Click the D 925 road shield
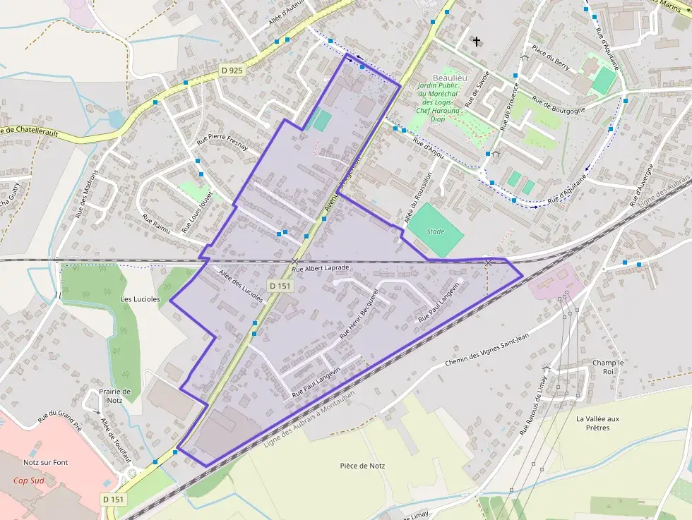point(231,70)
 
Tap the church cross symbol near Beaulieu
point(477,42)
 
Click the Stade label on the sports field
point(436,231)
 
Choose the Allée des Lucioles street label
point(241,286)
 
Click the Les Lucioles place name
point(140,299)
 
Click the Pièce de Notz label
point(362,466)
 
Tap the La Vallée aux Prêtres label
point(597,423)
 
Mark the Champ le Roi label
point(604,367)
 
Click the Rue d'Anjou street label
point(428,148)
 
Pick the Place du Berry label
point(551,57)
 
